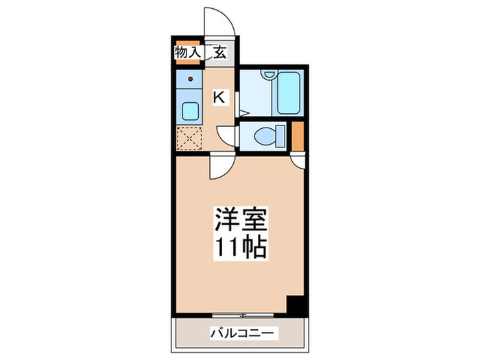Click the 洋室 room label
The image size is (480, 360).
240,219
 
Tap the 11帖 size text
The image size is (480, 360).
240,247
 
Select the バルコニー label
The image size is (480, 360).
242,333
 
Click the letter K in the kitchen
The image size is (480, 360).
219,98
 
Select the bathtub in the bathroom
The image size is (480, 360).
288,93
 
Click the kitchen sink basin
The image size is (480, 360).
190,111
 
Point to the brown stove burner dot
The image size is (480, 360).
191,79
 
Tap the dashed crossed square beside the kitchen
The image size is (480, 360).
189,139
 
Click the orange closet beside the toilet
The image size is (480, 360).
298,136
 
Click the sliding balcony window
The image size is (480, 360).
243,315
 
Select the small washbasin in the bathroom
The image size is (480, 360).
269,74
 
